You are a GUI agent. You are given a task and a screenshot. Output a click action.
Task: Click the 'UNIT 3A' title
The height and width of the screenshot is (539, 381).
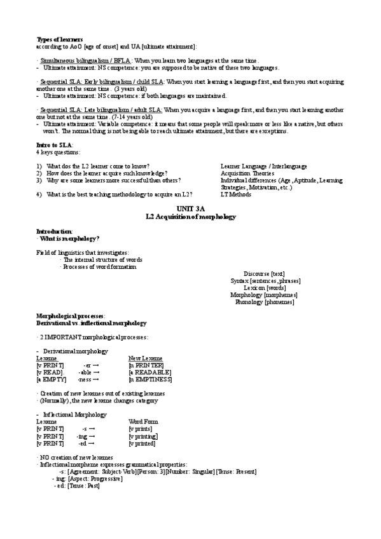pos(191,209)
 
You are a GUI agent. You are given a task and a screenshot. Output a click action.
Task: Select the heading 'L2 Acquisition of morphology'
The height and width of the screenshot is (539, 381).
pos(191,217)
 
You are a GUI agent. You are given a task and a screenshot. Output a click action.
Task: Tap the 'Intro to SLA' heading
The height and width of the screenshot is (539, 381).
pos(53,146)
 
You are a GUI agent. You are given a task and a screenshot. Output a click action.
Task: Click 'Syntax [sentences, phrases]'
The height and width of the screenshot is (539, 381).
pos(265,280)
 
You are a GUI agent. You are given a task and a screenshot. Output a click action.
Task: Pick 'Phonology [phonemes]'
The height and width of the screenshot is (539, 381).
pos(265,302)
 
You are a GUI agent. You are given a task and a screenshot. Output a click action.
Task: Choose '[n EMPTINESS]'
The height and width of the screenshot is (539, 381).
pos(150,379)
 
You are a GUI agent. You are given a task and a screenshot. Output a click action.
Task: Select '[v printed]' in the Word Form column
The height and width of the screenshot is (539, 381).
pos(142,444)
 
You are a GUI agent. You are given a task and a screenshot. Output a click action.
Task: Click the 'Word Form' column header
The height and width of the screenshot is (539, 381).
pos(143,422)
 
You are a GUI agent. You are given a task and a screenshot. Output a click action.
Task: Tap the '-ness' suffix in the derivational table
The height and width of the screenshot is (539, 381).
pos(84,379)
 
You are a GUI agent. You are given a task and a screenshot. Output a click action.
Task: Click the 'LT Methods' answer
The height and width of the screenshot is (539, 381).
pos(236,194)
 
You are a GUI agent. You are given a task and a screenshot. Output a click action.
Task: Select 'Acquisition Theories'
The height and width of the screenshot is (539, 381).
pos(247,173)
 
